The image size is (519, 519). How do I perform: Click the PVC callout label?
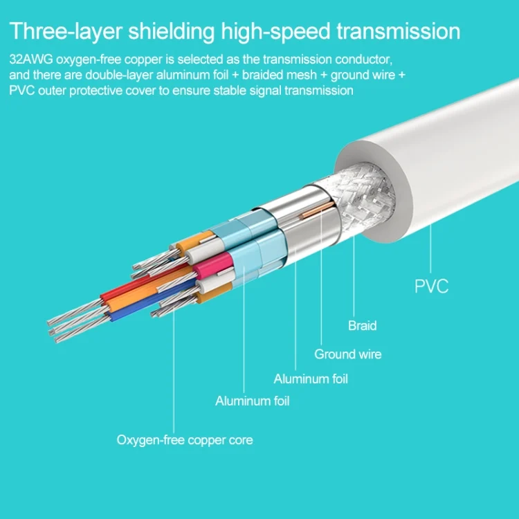pos(431,286)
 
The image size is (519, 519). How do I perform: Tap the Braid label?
pos(362,326)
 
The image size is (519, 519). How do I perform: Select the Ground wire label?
pos(348,354)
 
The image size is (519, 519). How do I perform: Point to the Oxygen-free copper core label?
pos(185,440)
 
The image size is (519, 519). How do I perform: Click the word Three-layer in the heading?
pos(66,32)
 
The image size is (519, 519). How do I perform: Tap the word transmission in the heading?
pos(398,31)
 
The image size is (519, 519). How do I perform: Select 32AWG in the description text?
pos(31,60)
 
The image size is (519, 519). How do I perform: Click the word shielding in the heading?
pos(172,32)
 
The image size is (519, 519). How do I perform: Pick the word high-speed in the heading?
pos(275,32)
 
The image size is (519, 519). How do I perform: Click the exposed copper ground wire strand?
pos(317,210)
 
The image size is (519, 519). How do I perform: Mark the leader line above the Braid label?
pos(354,275)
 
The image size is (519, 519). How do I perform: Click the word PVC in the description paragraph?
pos(21,91)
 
